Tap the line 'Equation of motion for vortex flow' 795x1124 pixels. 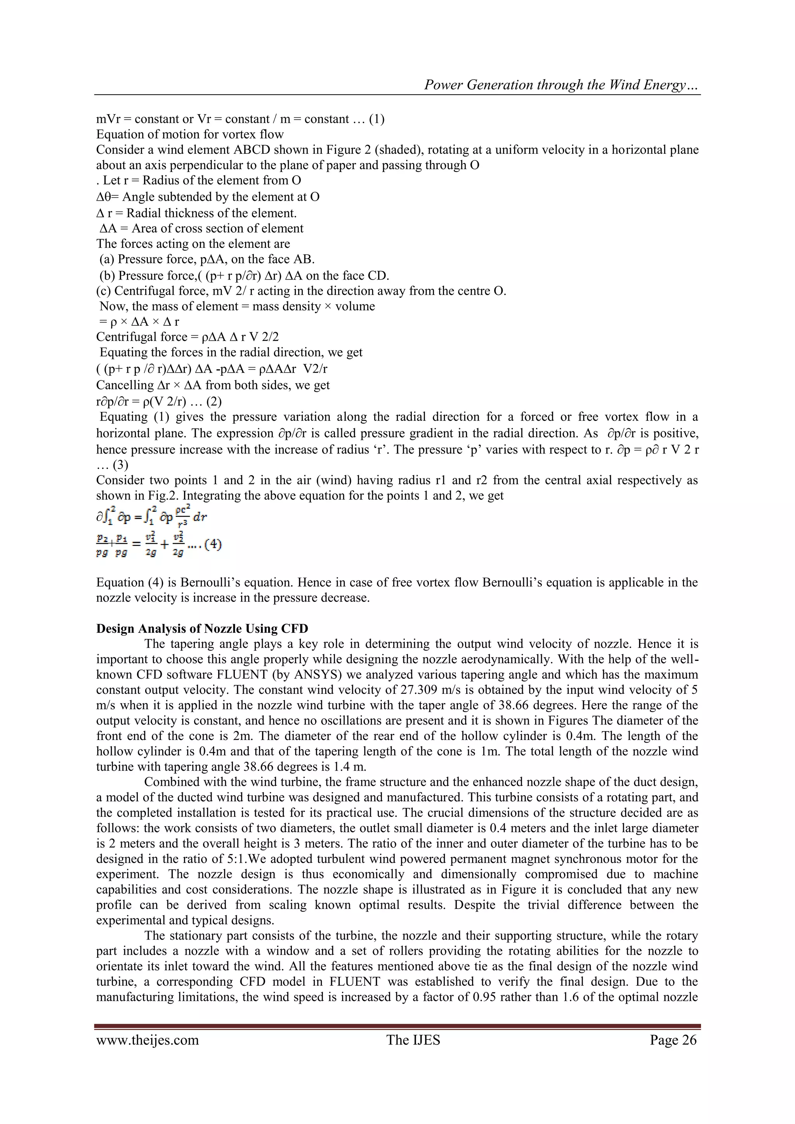[190, 134]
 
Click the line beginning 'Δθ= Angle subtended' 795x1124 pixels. [208, 197]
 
